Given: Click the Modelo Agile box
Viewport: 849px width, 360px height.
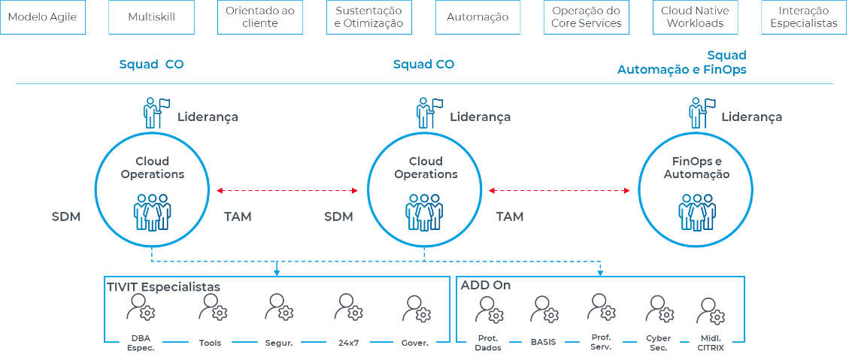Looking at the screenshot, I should tap(43, 17).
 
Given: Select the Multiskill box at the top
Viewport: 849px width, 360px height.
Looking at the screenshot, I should tap(151, 17).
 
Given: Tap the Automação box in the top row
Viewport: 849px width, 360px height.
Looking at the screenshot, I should tap(477, 17).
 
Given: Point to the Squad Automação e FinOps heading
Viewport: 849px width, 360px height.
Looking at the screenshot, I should tap(682, 62).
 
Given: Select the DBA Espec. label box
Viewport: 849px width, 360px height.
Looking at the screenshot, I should tap(141, 342).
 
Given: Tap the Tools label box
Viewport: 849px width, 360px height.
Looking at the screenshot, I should tap(210, 342).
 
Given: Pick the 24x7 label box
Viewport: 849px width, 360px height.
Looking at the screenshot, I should tap(347, 342).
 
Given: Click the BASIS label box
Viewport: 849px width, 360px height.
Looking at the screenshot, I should tap(542, 342).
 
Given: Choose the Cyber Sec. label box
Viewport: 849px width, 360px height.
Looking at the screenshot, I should tap(658, 342).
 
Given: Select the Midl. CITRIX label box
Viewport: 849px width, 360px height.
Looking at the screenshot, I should tap(711, 342).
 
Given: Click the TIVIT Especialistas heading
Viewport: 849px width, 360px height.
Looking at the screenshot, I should tap(163, 287).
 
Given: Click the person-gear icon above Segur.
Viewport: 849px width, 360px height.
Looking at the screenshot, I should tap(279, 307).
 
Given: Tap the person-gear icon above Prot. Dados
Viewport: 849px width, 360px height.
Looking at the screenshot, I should tap(490, 307).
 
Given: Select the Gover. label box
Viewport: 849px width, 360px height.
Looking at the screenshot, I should tap(415, 342).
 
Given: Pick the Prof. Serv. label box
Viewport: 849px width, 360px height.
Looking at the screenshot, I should tap(601, 342).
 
